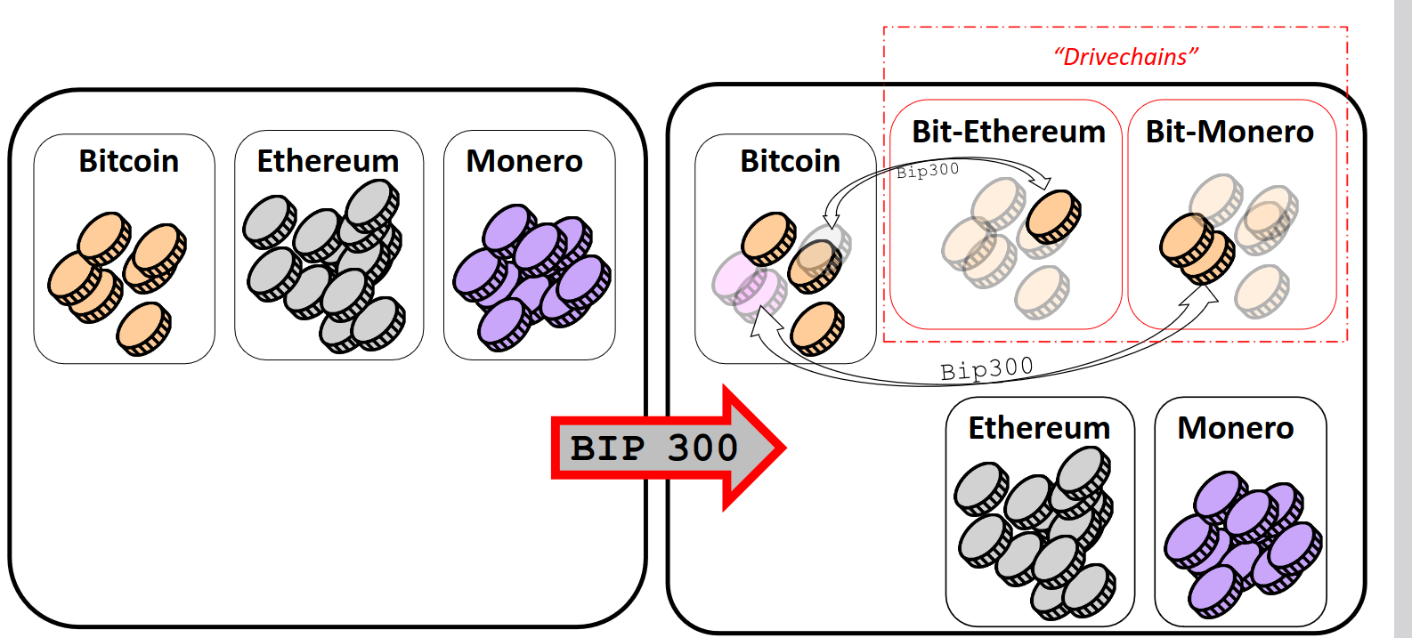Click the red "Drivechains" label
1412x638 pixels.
(1126, 57)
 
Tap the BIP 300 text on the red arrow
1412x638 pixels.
(654, 448)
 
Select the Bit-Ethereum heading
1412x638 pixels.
(1008, 132)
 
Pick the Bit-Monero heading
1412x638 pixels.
(1229, 132)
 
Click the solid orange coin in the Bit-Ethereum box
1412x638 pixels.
(1054, 216)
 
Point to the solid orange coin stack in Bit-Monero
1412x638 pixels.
(1196, 248)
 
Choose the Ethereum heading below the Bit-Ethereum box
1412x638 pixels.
(1039, 428)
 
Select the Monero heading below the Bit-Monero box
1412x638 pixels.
(1235, 428)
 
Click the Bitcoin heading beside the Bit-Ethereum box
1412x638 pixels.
(790, 161)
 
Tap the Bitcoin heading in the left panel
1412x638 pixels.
(128, 161)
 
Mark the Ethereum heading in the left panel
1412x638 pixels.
(328, 161)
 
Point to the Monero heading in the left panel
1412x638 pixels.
(524, 161)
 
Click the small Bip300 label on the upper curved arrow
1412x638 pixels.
(928, 171)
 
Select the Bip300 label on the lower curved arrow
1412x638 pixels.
(986, 368)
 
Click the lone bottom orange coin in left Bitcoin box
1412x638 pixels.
(143, 328)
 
